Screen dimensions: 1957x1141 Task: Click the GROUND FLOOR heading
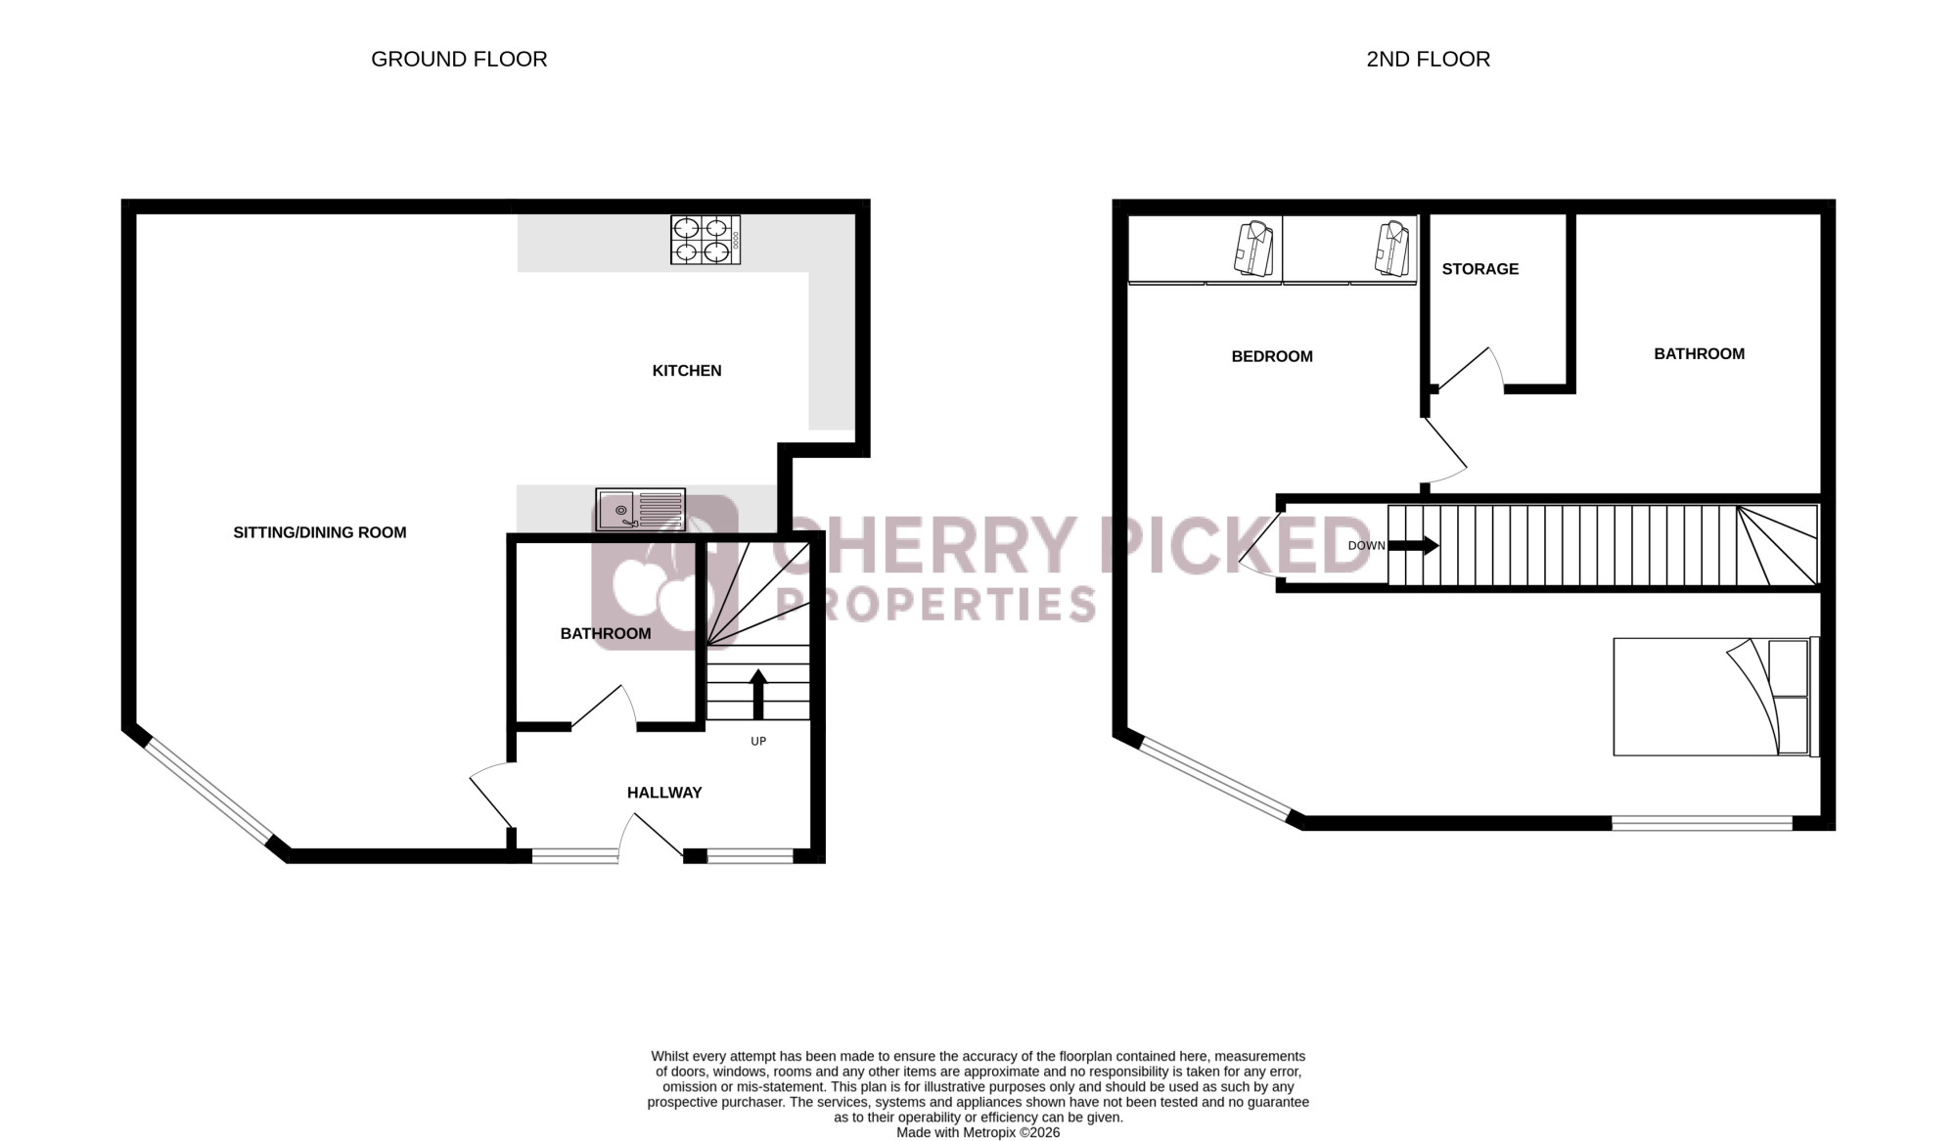[459, 59]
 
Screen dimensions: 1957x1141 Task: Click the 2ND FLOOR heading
[1428, 59]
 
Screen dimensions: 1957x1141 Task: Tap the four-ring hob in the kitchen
[705, 240]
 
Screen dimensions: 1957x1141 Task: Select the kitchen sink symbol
[640, 510]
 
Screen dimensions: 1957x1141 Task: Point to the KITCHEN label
[687, 371]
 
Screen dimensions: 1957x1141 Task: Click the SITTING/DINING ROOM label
[320, 532]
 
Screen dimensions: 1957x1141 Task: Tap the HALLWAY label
[664, 793]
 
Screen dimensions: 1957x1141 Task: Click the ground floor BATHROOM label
[606, 634]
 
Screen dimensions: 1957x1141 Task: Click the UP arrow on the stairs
[758, 694]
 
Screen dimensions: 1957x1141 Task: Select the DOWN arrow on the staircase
[1414, 545]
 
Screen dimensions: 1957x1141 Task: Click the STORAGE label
[1480, 269]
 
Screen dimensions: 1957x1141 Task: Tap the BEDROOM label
[1272, 357]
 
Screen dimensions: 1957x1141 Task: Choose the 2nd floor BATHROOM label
[1700, 354]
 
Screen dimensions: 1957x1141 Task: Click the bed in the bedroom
[1716, 697]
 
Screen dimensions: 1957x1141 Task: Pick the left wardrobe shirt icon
[1253, 249]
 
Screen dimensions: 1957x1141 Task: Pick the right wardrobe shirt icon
[1393, 249]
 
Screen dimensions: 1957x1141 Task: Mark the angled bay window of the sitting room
[207, 793]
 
